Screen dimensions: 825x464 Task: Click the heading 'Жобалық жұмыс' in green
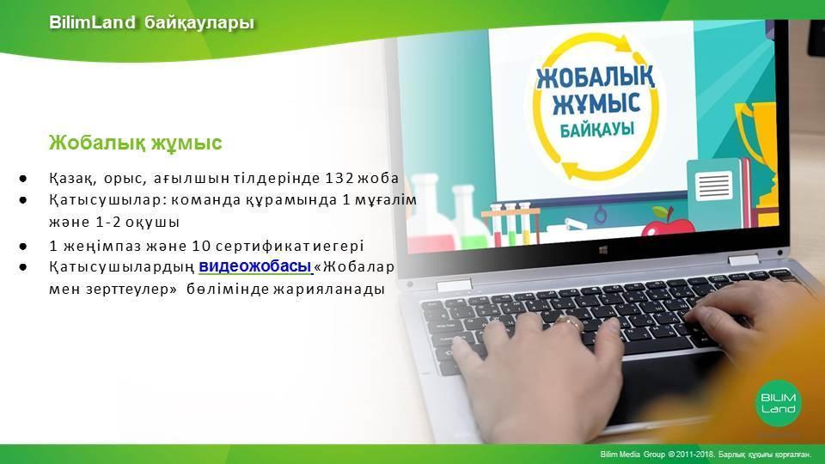click(x=135, y=143)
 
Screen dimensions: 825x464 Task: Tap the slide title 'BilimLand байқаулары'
click(x=151, y=22)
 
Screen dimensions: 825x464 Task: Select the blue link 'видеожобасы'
click(x=255, y=266)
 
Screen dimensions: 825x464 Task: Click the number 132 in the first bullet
click(x=339, y=179)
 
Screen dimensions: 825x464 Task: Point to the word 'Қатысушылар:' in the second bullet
click(x=108, y=201)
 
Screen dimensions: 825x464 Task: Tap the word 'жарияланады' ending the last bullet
click(x=329, y=290)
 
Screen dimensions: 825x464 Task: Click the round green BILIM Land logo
click(x=779, y=402)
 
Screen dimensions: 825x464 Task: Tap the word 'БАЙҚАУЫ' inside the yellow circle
click(x=596, y=129)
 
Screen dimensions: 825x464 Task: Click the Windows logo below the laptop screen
click(x=603, y=250)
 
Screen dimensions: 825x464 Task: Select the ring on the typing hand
click(x=569, y=321)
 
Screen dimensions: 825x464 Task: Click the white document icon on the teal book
click(x=714, y=186)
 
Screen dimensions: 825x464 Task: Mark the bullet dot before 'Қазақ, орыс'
click(x=22, y=179)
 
